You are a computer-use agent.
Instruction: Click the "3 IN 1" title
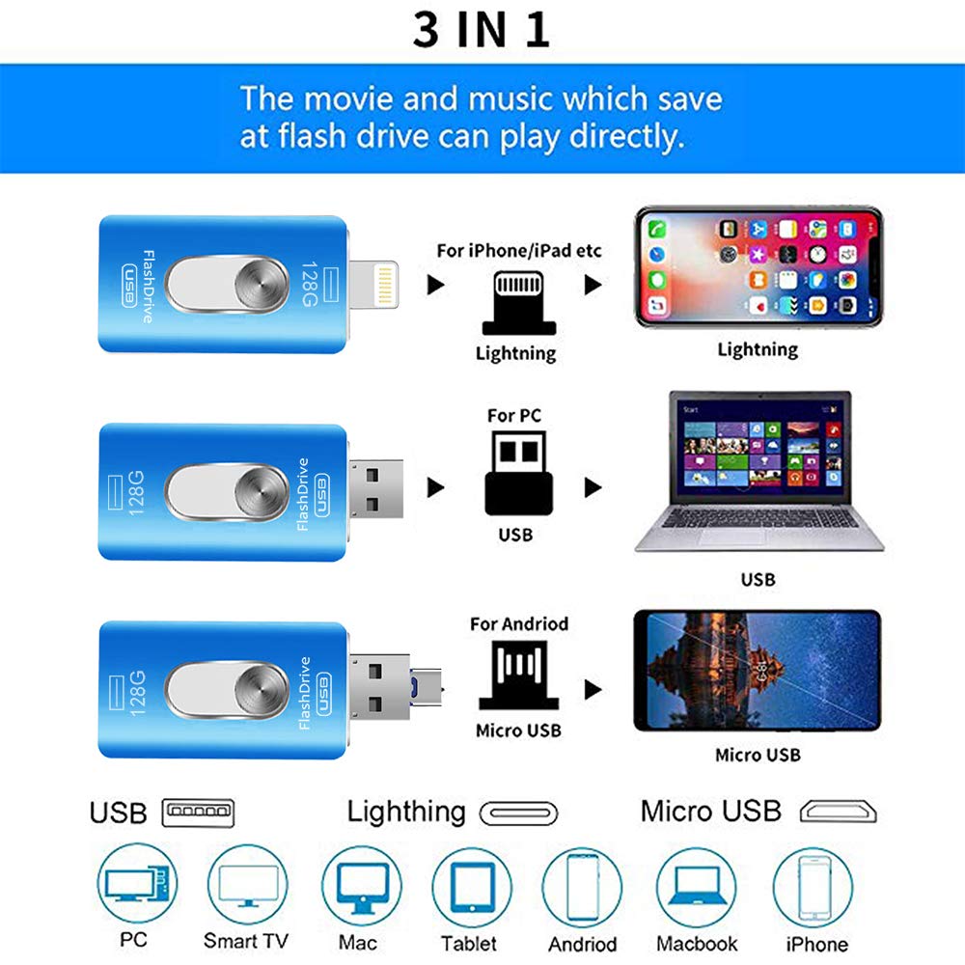point(482,29)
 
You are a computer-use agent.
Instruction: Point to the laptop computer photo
point(758,473)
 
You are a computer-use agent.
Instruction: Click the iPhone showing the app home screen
point(758,267)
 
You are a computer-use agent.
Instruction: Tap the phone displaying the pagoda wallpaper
point(757,671)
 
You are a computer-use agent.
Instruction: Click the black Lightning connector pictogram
point(515,300)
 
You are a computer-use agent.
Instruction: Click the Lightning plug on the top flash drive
point(381,285)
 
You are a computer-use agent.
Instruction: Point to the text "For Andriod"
point(518,624)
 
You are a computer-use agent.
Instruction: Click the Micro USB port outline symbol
point(839,812)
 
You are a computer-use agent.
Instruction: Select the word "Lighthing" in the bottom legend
point(405,812)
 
